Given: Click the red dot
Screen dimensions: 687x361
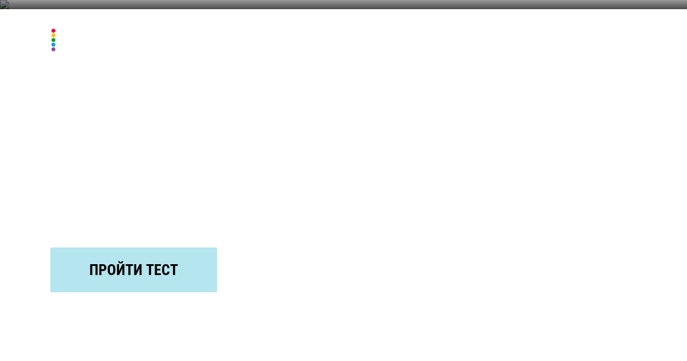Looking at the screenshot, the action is [x=53, y=31].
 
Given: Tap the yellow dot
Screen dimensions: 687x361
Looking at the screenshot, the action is [x=53, y=36].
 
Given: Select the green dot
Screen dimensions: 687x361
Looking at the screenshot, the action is [x=53, y=40].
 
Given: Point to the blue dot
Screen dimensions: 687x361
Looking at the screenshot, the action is [x=53, y=45].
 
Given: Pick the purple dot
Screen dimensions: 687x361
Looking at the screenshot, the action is [x=53, y=49].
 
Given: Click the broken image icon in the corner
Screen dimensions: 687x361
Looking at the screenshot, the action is [x=5, y=5].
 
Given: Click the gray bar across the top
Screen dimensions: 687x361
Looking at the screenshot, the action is [x=343, y=5].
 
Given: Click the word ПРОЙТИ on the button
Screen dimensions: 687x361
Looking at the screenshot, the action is [x=116, y=269].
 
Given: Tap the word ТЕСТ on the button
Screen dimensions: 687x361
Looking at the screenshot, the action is [x=162, y=270].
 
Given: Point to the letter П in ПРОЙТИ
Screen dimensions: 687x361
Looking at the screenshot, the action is [x=93, y=270].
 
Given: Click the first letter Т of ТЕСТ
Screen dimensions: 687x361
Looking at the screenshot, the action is [x=150, y=270].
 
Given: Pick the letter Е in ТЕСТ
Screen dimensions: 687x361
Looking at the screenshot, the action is [x=157, y=270].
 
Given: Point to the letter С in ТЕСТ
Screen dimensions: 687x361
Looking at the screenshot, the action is [x=166, y=270].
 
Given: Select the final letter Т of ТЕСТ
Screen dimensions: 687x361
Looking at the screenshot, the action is [x=174, y=270].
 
